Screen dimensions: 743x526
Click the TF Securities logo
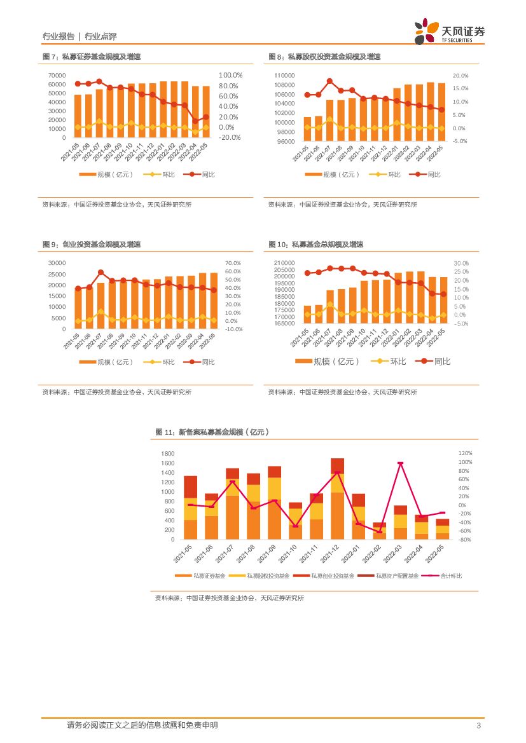pos(450,31)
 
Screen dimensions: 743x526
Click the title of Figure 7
pos(91,57)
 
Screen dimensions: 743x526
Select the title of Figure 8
pos(324,57)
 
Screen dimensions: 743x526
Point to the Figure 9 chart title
pos(91,244)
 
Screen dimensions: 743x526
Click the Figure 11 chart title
pos(212,432)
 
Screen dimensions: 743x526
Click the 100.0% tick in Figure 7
pos(230,75)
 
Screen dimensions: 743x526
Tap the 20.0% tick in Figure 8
pos(460,76)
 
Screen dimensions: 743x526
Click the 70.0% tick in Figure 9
pos(233,263)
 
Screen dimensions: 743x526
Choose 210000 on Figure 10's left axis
pos(284,263)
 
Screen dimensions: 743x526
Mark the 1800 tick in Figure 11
pos(167,454)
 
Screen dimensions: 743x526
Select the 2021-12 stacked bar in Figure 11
pos(337,498)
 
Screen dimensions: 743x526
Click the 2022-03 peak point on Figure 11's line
pos(401,463)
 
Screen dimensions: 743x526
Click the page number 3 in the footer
pos(478,726)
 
